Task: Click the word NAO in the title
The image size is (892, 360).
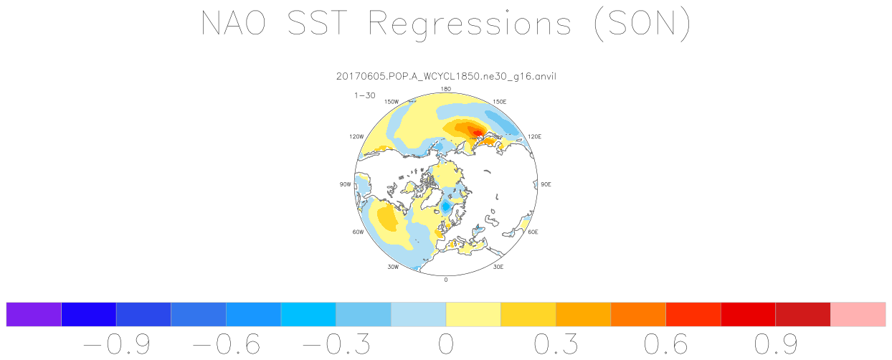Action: (233, 23)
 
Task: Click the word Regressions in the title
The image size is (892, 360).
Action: (470, 24)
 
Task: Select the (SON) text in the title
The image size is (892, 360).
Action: (642, 24)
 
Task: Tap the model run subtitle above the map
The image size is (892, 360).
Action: (446, 76)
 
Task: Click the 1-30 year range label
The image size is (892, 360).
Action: (365, 95)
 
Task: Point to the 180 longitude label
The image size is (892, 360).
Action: (445, 89)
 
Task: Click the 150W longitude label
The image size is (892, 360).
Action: (392, 102)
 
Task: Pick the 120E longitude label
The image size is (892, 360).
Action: (534, 136)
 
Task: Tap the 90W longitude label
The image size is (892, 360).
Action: (345, 184)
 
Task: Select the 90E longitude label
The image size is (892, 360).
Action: (546, 184)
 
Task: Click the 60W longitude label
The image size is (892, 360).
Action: (358, 232)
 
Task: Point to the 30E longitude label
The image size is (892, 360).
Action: (498, 267)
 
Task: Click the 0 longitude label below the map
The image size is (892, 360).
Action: (445, 280)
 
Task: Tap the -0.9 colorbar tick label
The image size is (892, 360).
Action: (117, 344)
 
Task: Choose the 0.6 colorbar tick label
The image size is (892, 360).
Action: (666, 344)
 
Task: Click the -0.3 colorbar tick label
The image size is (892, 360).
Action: (336, 344)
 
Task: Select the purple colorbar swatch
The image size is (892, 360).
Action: (34, 314)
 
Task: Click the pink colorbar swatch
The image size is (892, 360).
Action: (858, 314)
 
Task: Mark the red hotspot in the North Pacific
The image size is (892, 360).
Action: (476, 132)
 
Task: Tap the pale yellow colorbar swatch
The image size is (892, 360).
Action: (473, 314)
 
